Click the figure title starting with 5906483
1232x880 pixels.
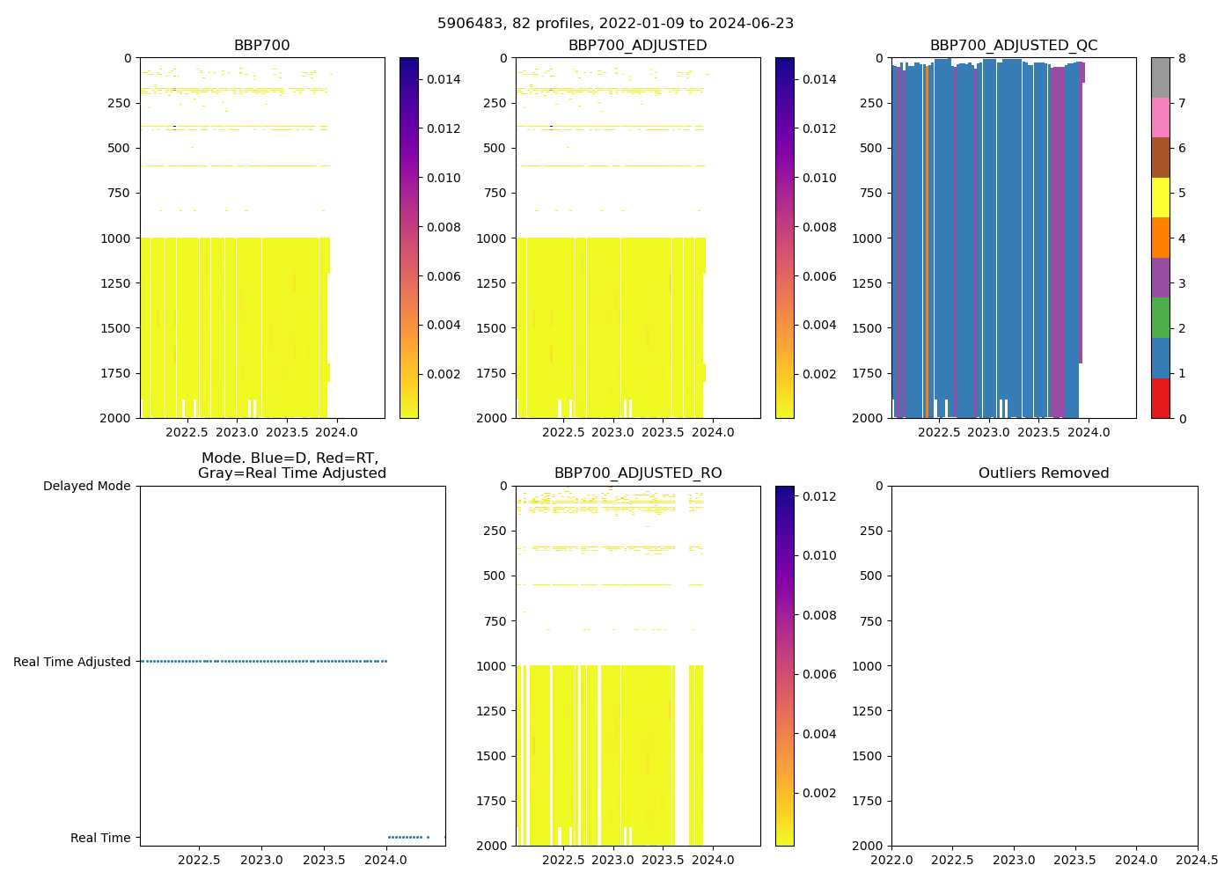(x=615, y=24)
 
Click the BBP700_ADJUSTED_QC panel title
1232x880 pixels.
(x=1014, y=46)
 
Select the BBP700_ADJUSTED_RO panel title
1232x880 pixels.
(x=637, y=473)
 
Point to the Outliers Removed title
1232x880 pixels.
(x=1044, y=473)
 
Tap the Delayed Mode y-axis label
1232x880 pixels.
(x=86, y=486)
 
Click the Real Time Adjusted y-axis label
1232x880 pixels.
(x=71, y=662)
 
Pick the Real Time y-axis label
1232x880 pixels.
(x=100, y=838)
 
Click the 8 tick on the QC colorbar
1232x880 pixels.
(x=1182, y=58)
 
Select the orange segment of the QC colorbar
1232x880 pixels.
(x=1160, y=238)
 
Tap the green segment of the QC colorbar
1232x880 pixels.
(x=1160, y=318)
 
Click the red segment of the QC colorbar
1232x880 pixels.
(x=1160, y=398)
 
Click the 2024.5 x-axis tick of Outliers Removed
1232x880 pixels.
(x=1197, y=860)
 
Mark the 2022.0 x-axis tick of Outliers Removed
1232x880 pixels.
(x=891, y=860)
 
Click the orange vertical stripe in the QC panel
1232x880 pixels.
(x=927, y=238)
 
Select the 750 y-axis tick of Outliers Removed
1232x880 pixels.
(x=872, y=621)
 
